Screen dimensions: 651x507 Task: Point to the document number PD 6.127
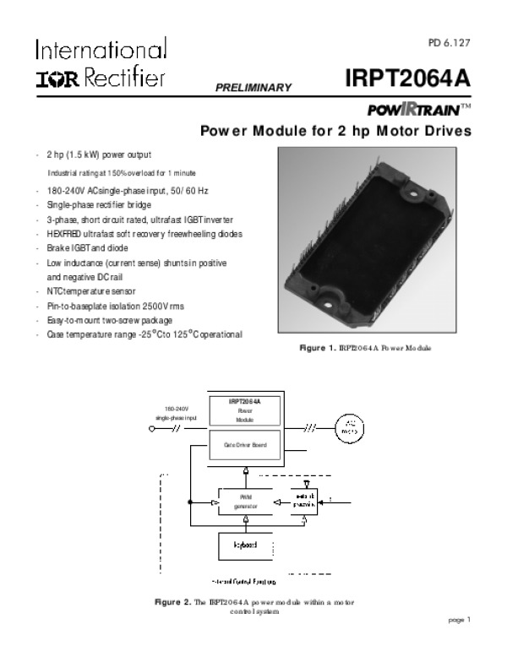pos(449,42)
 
